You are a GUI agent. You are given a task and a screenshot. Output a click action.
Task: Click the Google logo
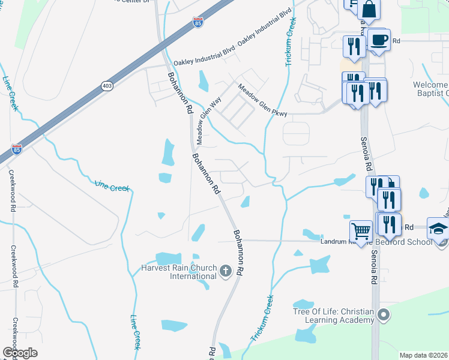(20, 353)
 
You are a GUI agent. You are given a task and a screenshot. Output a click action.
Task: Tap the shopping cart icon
(361, 230)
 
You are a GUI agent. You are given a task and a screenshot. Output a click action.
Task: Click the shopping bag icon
(369, 10)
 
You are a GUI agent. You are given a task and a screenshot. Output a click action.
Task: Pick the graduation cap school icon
(439, 229)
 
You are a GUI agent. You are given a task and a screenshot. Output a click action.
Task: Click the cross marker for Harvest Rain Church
(226, 272)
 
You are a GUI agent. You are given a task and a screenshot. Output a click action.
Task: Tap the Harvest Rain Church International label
(178, 272)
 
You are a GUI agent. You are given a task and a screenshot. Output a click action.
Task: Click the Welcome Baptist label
(431, 88)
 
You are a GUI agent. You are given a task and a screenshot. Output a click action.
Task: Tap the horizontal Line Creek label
(112, 188)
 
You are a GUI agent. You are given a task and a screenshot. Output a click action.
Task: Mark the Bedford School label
(408, 242)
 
